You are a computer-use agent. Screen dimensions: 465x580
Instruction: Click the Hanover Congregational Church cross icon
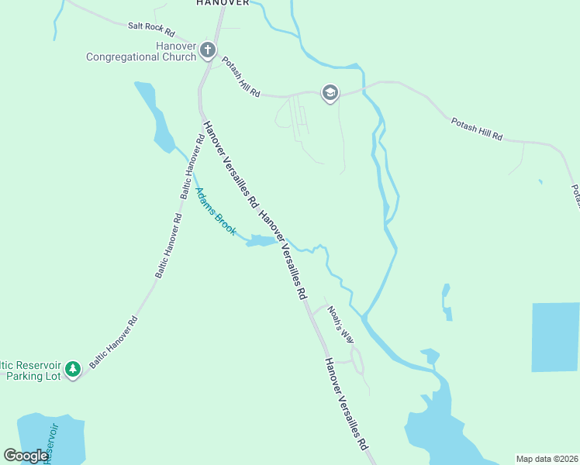point(207,51)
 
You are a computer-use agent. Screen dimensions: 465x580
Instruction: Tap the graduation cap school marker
point(330,94)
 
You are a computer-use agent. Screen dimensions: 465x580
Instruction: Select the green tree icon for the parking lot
point(73,369)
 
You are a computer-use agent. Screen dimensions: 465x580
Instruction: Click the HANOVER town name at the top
point(223,3)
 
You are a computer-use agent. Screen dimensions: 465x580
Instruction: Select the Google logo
point(26,455)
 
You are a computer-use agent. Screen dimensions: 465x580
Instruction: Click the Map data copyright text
point(547,459)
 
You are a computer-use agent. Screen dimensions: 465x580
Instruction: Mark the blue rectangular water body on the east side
point(555,337)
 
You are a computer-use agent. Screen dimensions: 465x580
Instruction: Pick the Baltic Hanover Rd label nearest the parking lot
point(113,342)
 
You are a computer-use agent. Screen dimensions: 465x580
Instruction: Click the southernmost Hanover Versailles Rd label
point(346,405)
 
